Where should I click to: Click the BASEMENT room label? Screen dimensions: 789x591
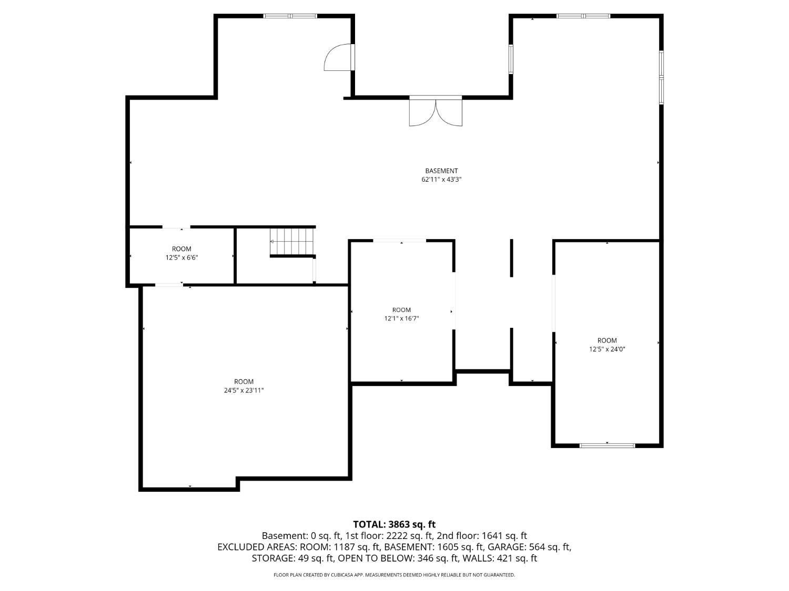coord(441,171)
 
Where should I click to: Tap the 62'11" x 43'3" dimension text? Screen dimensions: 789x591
coord(441,180)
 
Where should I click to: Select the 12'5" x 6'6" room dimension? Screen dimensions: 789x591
coord(181,257)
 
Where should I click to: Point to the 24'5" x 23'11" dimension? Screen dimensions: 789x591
coord(244,390)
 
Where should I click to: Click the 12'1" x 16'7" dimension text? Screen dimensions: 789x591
coord(401,318)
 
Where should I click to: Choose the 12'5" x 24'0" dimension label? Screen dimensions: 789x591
coord(607,349)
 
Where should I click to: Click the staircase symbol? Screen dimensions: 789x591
coord(292,242)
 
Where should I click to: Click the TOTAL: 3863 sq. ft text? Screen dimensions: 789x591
coord(394,524)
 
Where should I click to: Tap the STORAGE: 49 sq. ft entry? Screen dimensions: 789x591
coord(292,558)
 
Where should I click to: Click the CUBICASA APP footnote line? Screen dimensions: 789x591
coord(394,575)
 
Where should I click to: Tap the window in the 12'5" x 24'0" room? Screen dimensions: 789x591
coord(607,445)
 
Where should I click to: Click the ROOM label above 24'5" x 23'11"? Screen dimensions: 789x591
coord(244,381)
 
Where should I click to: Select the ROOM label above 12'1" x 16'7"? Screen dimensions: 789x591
coord(401,309)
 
